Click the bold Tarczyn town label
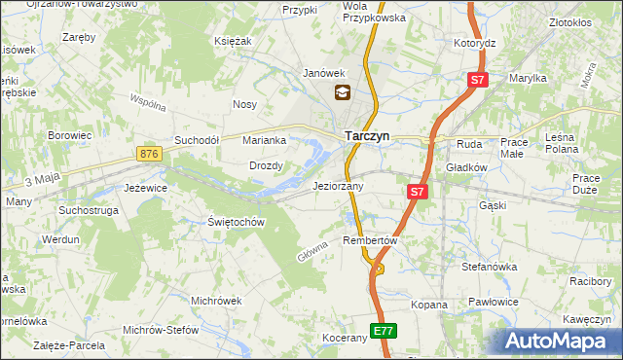click(366, 137)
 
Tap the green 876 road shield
click(149, 154)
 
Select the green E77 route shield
click(384, 331)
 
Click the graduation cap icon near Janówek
click(343, 93)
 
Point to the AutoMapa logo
click(559, 341)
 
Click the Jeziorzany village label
click(338, 185)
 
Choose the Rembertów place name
click(371, 240)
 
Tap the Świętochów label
click(237, 222)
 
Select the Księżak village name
click(233, 41)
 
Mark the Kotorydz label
click(475, 44)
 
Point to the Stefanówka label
click(489, 266)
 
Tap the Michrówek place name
click(216, 301)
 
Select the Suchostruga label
click(89, 209)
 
